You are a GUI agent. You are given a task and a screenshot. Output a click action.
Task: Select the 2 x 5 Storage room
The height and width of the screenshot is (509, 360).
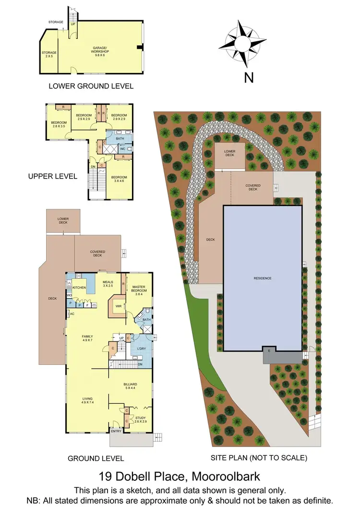49,54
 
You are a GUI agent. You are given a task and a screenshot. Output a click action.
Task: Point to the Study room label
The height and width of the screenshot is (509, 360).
140,419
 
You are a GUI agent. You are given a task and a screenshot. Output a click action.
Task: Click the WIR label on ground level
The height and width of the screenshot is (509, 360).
118,306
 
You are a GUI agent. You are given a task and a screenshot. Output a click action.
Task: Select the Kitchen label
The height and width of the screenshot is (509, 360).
79,288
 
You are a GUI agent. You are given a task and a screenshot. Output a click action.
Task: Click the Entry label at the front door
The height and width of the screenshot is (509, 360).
116,431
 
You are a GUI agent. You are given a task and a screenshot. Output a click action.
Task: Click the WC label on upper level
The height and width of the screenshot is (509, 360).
123,149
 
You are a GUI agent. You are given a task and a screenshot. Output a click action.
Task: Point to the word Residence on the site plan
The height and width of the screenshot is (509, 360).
263,278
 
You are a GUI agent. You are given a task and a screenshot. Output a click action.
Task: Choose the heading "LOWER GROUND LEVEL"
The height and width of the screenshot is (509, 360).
91,86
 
